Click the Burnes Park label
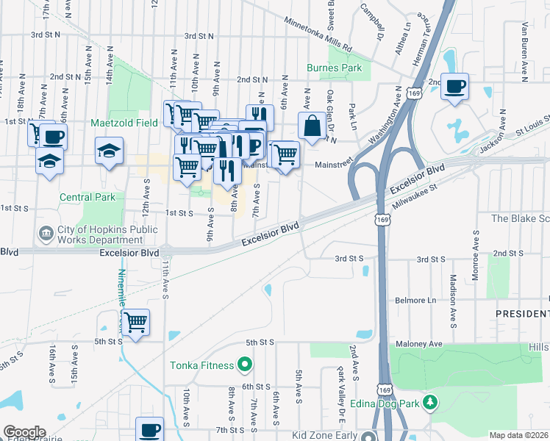(x=335, y=68)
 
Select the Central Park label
(x=87, y=197)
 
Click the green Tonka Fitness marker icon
(x=245, y=365)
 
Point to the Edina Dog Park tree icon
(x=432, y=403)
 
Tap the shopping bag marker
(x=312, y=126)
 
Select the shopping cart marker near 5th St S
(x=135, y=322)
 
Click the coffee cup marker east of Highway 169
(x=454, y=87)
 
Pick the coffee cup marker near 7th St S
(x=150, y=429)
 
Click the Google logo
(x=24, y=432)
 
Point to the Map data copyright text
(x=518, y=435)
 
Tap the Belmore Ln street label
(x=415, y=301)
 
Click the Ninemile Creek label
(x=121, y=290)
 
